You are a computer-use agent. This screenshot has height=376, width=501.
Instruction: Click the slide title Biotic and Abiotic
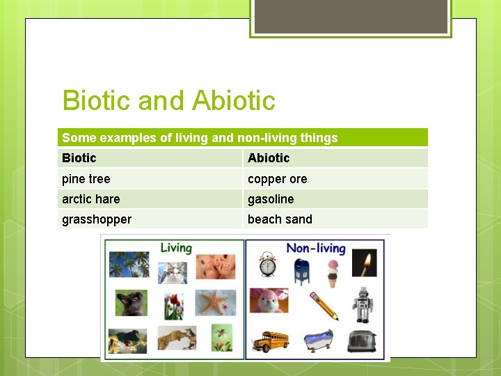168,101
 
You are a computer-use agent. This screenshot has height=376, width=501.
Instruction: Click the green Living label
176,248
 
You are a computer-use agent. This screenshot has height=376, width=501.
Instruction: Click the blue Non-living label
316,249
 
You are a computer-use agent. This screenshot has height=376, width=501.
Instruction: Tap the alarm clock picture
268,265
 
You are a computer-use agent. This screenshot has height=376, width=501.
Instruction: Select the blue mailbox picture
301,270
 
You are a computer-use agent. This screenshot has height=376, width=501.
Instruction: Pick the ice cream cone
333,273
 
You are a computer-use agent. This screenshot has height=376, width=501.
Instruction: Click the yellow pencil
324,306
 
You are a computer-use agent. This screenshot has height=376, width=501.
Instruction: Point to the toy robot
362,305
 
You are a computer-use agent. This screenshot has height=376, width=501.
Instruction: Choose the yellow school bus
270,340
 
